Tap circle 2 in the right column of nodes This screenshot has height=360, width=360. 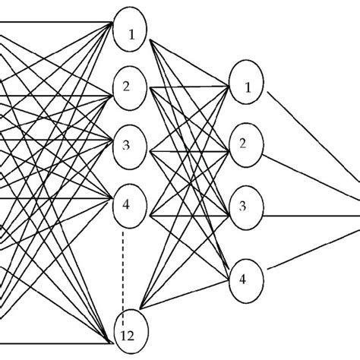pos(245,143)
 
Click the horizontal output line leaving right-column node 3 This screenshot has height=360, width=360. pos(311,215)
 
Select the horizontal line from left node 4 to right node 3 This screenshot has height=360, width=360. pos(190,215)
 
